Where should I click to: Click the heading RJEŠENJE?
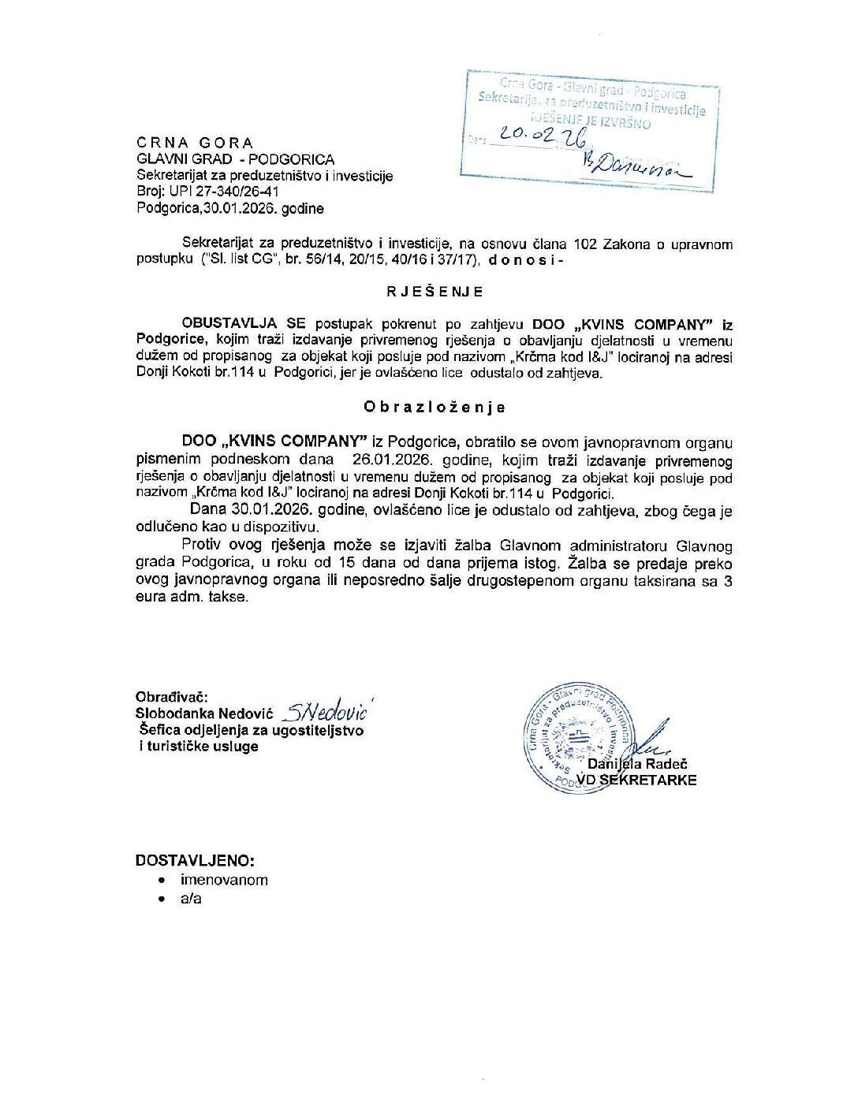pos(435,292)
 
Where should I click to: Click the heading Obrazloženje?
pos(435,408)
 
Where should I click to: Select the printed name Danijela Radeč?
pos(637,764)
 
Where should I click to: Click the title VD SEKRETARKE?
pos(636,780)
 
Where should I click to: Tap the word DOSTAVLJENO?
pos(195,860)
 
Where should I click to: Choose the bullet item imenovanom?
pos(224,880)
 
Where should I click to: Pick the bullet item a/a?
pos(191,899)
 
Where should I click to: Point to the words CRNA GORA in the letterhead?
pos(195,143)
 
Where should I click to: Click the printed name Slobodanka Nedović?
pos(204,713)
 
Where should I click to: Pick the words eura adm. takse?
pos(192,597)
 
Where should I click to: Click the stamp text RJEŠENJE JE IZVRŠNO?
pos(590,121)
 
